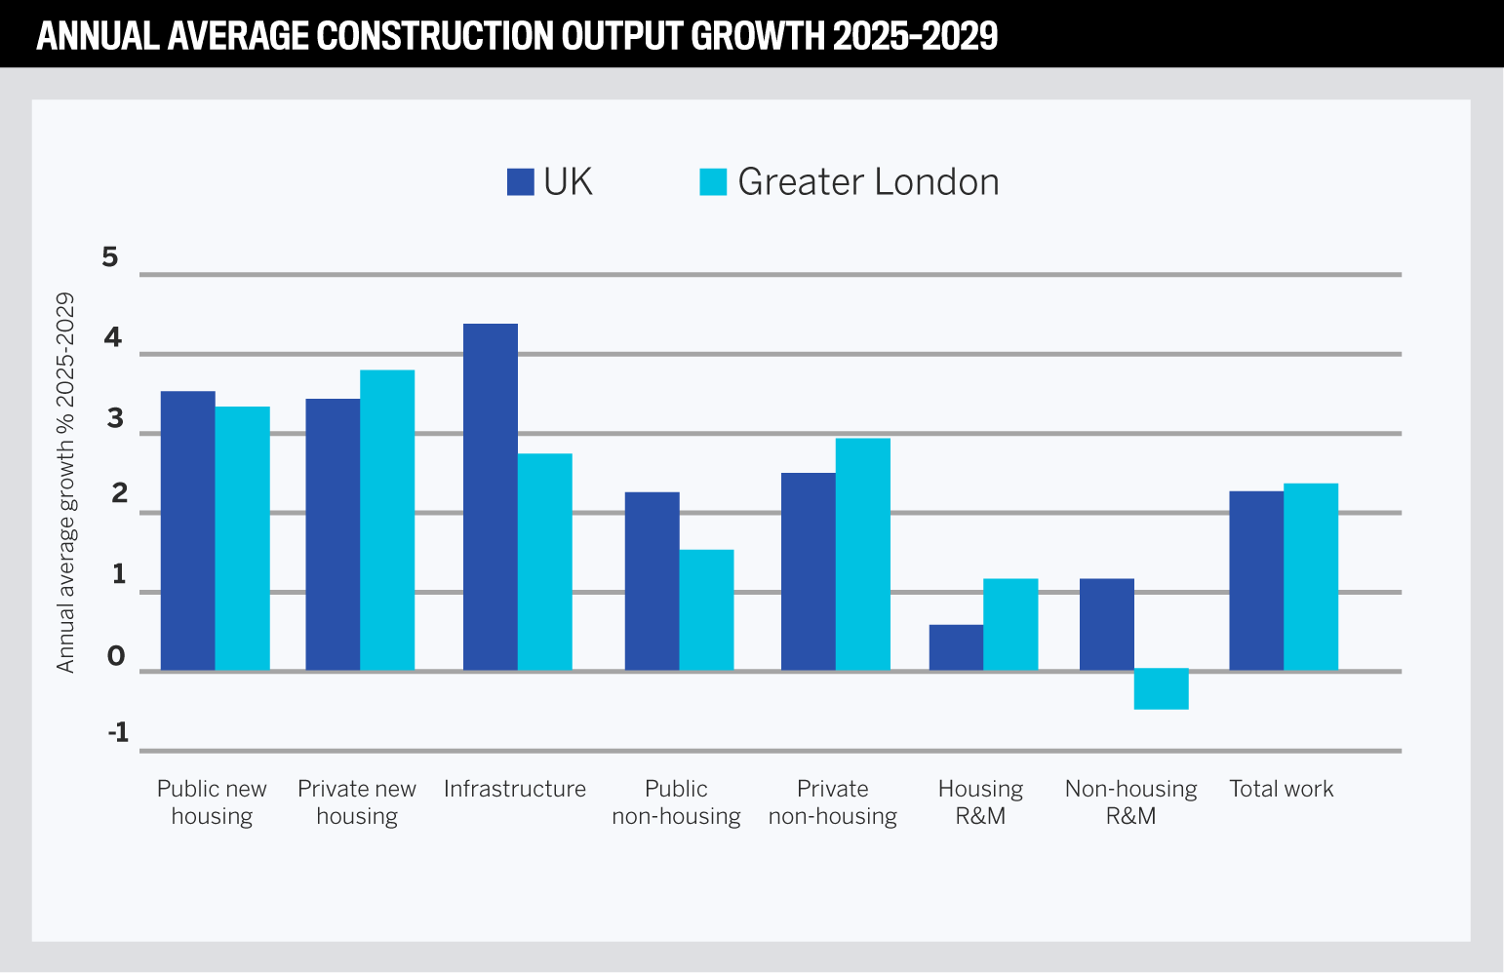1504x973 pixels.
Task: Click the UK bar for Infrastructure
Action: pyautogui.click(x=490, y=497)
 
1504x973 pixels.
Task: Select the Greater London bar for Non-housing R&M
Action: pyautogui.click(x=1161, y=689)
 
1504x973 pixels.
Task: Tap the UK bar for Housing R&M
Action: pyautogui.click(x=956, y=647)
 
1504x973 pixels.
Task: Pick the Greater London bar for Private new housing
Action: pyautogui.click(x=387, y=520)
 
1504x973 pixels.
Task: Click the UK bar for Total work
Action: pyautogui.click(x=1256, y=581)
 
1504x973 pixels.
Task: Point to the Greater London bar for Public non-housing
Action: pyautogui.click(x=706, y=610)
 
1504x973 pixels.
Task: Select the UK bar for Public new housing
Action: pyautogui.click(x=187, y=530)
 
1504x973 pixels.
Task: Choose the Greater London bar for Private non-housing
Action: pyautogui.click(x=863, y=554)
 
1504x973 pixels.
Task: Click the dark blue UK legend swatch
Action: pyautogui.click(x=520, y=182)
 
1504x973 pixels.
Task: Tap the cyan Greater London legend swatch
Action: pyautogui.click(x=713, y=182)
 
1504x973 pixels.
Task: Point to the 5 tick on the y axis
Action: pyautogui.click(x=110, y=257)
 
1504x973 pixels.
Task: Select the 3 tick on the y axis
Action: pyautogui.click(x=116, y=419)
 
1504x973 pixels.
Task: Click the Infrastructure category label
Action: pyautogui.click(x=514, y=789)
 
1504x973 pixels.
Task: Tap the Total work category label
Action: pyautogui.click(x=1281, y=789)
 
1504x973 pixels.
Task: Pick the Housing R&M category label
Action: pyautogui.click(x=980, y=801)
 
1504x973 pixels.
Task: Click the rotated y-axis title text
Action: pyautogui.click(x=65, y=483)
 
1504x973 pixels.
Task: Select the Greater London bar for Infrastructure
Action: pyautogui.click(x=545, y=562)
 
